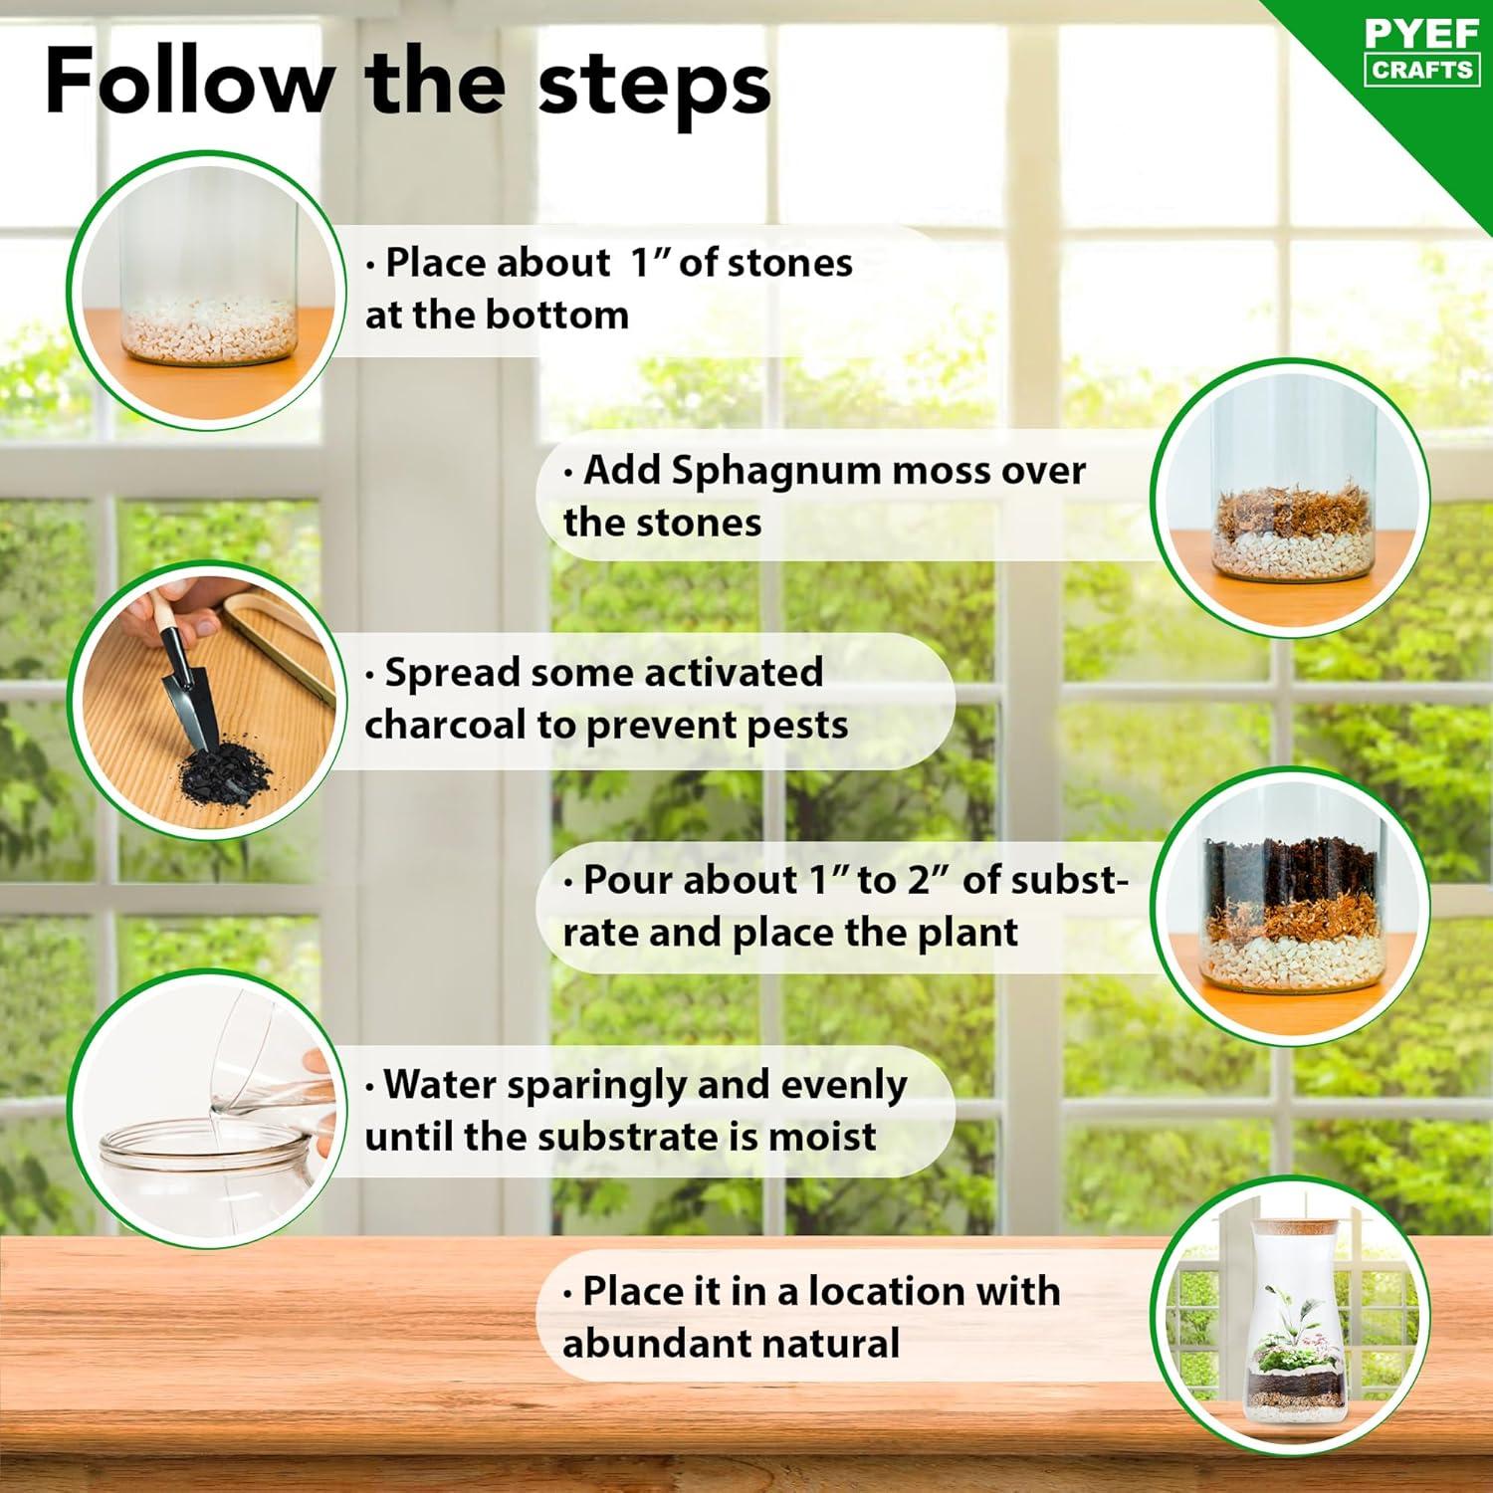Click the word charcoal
(447, 725)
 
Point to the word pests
(797, 727)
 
